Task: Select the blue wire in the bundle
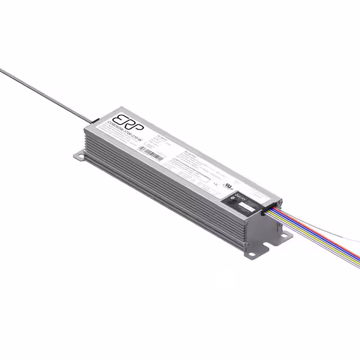(x=315, y=236)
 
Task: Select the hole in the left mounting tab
(x=78, y=156)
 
